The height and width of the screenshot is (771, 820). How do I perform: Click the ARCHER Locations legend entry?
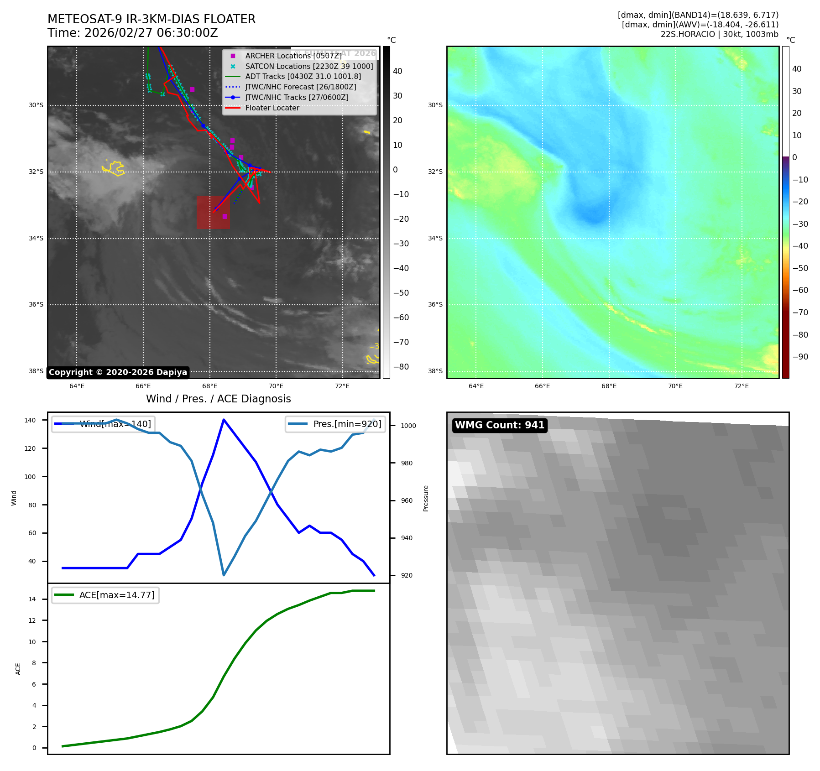(292, 56)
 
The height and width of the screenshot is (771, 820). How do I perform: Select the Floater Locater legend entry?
(272, 108)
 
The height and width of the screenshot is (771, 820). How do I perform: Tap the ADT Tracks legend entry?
(303, 77)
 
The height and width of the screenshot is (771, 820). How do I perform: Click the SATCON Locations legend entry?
(308, 67)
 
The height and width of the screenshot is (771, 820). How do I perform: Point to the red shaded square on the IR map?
(213, 212)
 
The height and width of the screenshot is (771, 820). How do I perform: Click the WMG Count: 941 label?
(500, 425)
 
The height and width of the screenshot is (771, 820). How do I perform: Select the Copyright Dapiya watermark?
(118, 372)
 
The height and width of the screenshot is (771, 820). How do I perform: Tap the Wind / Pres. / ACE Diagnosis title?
(218, 399)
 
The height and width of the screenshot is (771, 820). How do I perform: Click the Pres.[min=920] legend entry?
(347, 424)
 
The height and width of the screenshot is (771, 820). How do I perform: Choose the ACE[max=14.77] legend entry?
(116, 595)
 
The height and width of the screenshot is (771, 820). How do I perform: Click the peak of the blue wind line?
(224, 419)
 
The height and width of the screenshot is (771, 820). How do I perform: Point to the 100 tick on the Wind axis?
(30, 477)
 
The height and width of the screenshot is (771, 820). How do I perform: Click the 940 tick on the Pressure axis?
(407, 538)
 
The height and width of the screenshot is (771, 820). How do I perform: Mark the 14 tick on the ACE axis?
(32, 599)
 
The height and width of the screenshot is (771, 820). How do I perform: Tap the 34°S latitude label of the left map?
(36, 238)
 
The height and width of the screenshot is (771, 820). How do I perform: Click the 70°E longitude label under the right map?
(675, 386)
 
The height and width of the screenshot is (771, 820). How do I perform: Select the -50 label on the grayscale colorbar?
(401, 293)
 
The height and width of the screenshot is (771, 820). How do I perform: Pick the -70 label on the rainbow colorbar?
(800, 313)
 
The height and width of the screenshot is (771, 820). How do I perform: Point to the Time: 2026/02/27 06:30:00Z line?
(133, 33)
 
